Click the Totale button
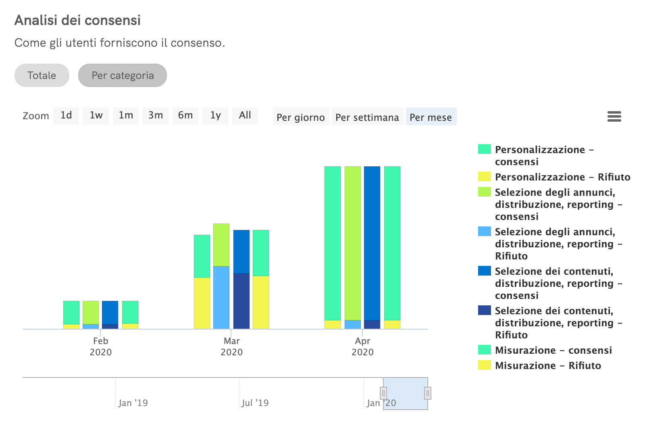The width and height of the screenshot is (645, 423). click(x=42, y=75)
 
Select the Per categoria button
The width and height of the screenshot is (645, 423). click(x=123, y=75)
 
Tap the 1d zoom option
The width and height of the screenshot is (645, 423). click(x=66, y=116)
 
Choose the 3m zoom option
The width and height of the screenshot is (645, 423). click(x=156, y=116)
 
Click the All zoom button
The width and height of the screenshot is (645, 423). click(x=245, y=116)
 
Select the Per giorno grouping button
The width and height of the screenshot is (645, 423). click(x=301, y=117)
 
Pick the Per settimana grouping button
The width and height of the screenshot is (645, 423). click(x=367, y=117)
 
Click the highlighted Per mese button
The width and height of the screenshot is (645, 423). click(x=431, y=117)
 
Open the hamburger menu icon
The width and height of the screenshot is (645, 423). click(x=614, y=117)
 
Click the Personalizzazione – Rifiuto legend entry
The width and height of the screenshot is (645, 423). click(x=562, y=177)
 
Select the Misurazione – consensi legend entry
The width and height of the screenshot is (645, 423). click(x=553, y=350)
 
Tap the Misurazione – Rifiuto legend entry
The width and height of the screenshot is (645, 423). click(x=547, y=365)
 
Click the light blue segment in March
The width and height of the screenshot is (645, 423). click(x=221, y=297)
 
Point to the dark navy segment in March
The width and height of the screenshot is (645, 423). click(x=241, y=301)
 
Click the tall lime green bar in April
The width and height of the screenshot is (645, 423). click(x=352, y=242)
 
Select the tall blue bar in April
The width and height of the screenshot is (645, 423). click(x=372, y=242)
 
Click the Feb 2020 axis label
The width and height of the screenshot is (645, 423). click(x=101, y=346)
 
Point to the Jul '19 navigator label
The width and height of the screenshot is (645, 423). click(x=255, y=403)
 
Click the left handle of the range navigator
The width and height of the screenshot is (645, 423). click(x=383, y=393)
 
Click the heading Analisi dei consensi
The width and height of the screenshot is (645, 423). click(x=77, y=20)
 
